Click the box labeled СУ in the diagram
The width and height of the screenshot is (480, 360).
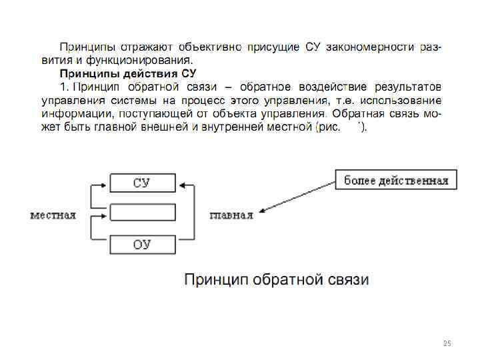tap(142, 183)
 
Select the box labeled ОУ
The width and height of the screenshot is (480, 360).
tap(142, 245)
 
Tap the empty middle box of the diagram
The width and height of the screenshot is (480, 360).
tap(142, 213)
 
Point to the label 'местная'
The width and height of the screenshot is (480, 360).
tap(53, 215)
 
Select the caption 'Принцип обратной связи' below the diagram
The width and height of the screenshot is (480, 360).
tap(276, 279)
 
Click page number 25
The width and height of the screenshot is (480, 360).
tap(447, 343)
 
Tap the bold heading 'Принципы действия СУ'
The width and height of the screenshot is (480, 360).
tap(128, 73)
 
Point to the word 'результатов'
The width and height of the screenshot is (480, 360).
tap(407, 87)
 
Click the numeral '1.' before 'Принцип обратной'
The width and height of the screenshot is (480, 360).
tap(64, 87)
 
